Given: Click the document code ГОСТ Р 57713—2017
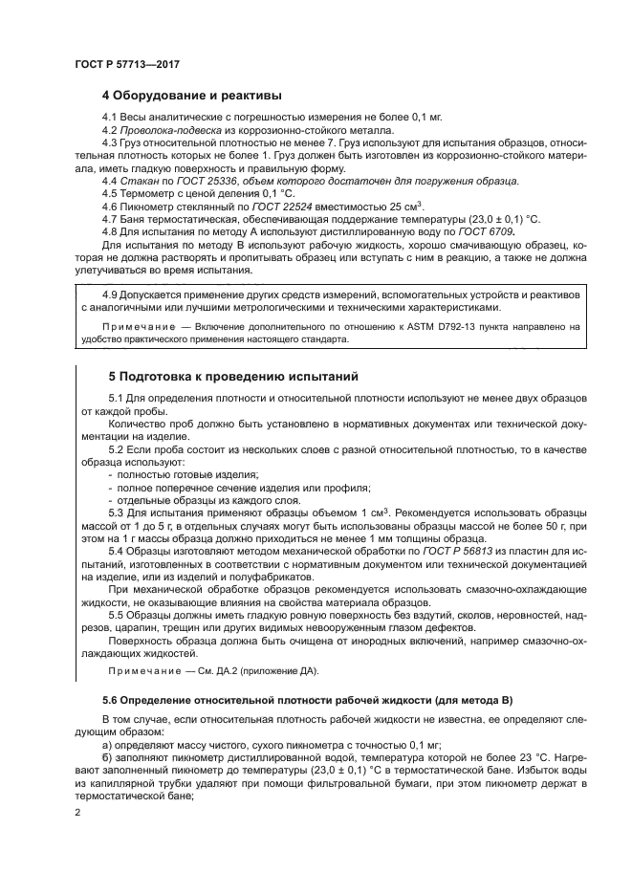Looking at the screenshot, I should [127, 63].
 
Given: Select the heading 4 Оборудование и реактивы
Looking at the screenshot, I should [191, 96].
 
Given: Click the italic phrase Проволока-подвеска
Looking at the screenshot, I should [164, 129].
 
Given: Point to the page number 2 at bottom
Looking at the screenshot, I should [77, 813].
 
